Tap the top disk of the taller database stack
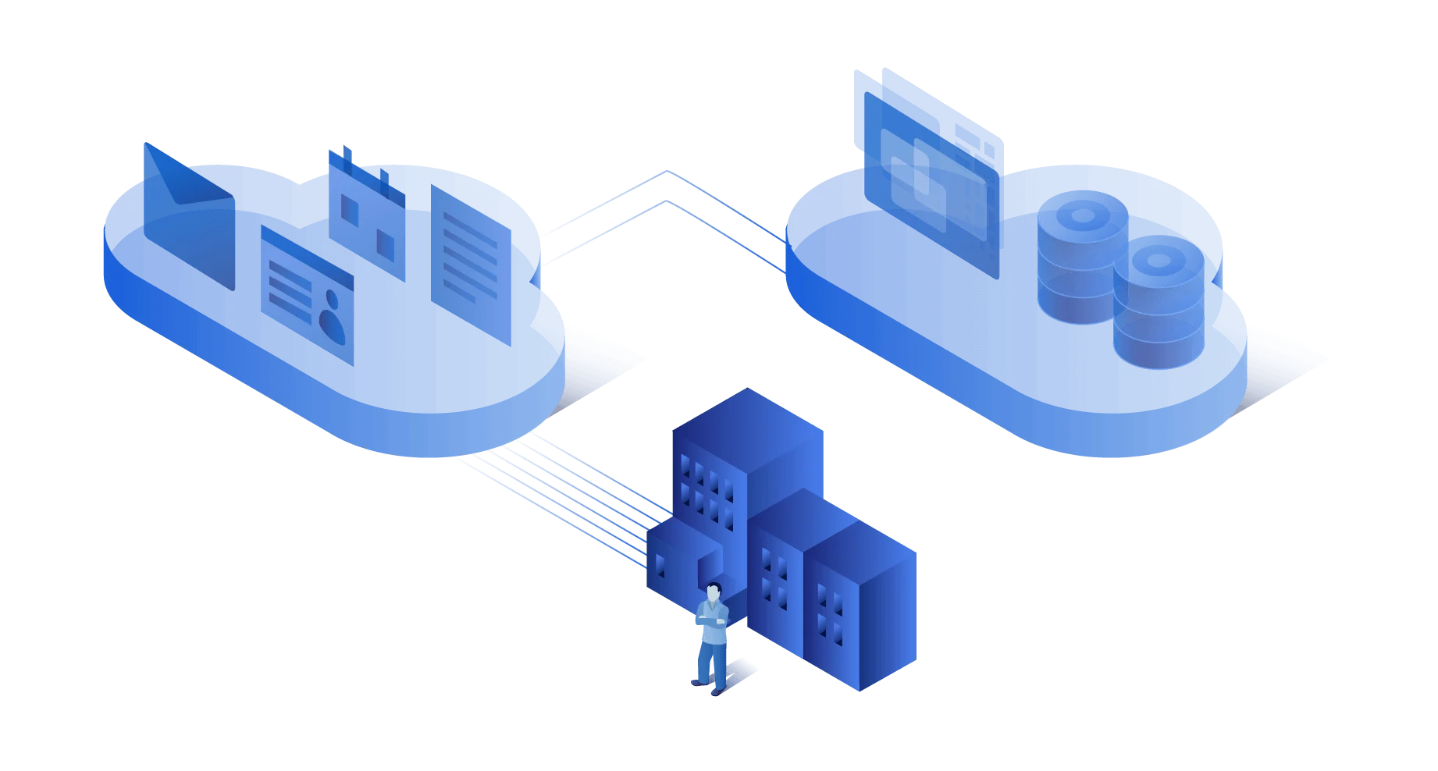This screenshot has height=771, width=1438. tap(1082, 211)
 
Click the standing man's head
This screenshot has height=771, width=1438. tap(713, 592)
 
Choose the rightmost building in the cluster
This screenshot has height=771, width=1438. tap(859, 609)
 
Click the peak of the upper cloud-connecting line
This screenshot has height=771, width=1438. tap(666, 173)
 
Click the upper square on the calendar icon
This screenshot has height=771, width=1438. tap(350, 209)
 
